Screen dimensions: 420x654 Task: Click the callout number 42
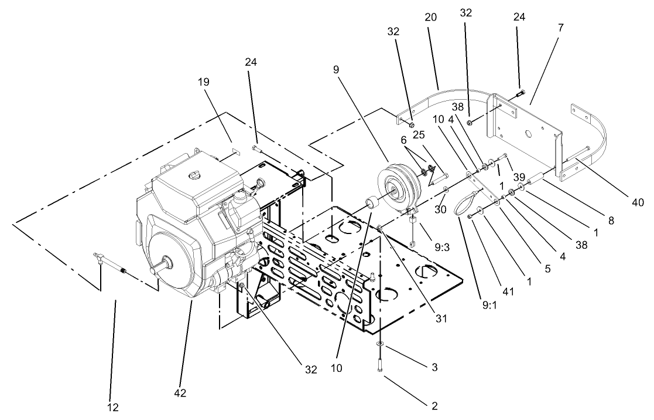click(180, 393)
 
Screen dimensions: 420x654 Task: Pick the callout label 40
click(638, 202)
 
